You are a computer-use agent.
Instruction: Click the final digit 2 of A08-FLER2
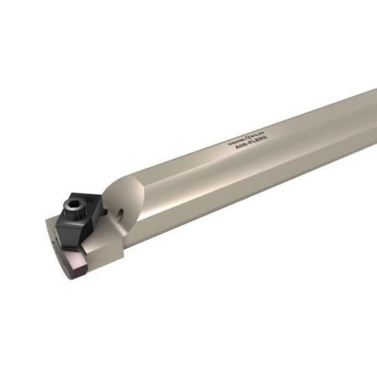click(x=263, y=141)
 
